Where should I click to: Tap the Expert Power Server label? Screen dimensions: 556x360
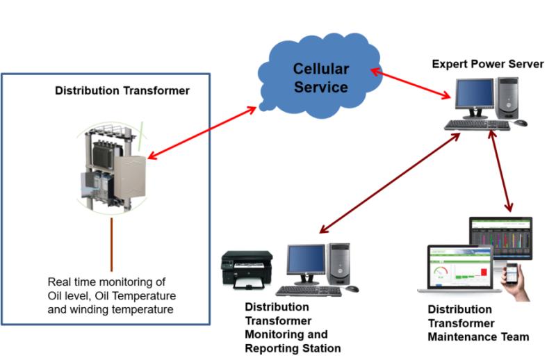pyautogui.click(x=488, y=64)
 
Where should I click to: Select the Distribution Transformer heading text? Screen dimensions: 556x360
pyautogui.click(x=122, y=90)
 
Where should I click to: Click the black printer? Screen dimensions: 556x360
pyautogui.click(x=247, y=270)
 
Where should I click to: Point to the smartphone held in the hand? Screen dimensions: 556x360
pyautogui.click(x=511, y=273)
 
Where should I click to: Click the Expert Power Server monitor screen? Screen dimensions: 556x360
pyautogui.click(x=475, y=93)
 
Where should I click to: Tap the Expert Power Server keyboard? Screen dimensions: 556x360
pyautogui.click(x=477, y=125)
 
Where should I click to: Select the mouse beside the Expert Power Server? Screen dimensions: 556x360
pyautogui.click(x=520, y=123)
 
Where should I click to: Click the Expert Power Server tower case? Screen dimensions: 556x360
pyautogui.click(x=508, y=98)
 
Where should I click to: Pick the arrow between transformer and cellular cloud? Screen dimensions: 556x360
pyautogui.click(x=202, y=133)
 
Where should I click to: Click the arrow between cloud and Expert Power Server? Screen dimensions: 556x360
pyautogui.click(x=411, y=83)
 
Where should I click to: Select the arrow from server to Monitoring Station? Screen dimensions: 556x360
pyautogui.click(x=390, y=183)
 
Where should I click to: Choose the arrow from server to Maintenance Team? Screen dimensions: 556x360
pyautogui.click(x=500, y=171)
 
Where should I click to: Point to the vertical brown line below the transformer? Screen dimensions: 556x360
pyautogui.click(x=111, y=245)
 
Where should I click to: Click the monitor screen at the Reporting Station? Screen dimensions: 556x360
pyautogui.click(x=306, y=260)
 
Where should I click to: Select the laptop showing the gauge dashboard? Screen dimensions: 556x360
pyautogui.click(x=459, y=270)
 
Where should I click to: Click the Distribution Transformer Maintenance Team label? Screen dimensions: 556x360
pyautogui.click(x=478, y=323)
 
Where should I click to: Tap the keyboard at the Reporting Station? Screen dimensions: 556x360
pyautogui.click(x=309, y=291)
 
